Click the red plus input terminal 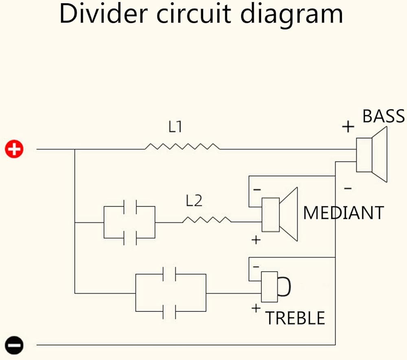[14, 149]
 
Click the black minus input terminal [14, 345]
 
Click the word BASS [383, 116]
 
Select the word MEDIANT [344, 213]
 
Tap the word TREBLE [295, 318]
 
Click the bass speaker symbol [371, 155]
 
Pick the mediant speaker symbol [280, 214]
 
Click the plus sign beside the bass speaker [348, 127]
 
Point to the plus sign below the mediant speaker [256, 240]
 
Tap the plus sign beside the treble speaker [256, 308]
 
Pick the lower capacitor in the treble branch [169, 311]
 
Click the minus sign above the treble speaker [256, 266]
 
